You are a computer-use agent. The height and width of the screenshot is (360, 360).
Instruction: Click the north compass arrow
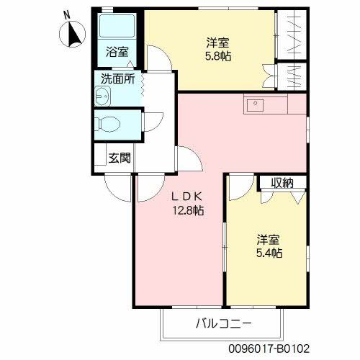72,34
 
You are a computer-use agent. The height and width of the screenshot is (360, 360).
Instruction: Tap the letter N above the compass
67,14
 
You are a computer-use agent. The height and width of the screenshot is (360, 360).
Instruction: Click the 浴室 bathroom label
117,52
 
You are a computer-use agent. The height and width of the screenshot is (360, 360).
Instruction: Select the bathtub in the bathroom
114,27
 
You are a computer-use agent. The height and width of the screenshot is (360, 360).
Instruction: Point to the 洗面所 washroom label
117,80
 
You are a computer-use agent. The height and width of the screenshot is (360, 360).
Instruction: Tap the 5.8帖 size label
219,55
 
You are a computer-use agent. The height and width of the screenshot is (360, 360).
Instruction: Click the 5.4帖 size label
269,253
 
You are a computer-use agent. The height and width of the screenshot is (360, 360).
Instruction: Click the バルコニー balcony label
222,322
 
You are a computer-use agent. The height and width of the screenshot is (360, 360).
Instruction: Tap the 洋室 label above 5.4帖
269,239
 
